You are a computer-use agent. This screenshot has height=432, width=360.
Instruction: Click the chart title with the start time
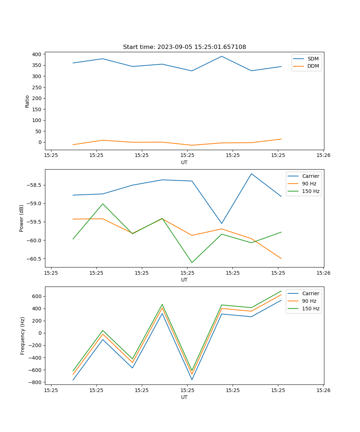click(184, 47)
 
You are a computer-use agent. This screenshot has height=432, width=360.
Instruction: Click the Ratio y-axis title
click(27, 101)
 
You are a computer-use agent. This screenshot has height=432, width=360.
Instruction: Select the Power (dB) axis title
click(22, 218)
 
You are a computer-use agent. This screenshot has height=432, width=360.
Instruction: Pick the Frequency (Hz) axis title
click(23, 336)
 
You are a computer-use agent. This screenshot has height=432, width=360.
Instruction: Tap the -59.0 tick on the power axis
click(34, 204)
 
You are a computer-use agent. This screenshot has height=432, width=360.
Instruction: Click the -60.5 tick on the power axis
click(34, 259)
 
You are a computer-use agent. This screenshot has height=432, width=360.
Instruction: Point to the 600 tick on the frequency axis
click(37, 296)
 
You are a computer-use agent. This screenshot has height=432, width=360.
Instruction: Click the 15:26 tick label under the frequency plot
click(323, 390)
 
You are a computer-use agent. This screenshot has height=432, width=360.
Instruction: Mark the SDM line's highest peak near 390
click(222, 56)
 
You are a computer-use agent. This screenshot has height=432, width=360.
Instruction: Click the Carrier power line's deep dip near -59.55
click(222, 223)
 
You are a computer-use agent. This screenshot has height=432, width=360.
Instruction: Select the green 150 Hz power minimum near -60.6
click(192, 262)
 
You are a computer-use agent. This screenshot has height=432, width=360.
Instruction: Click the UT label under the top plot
click(184, 162)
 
